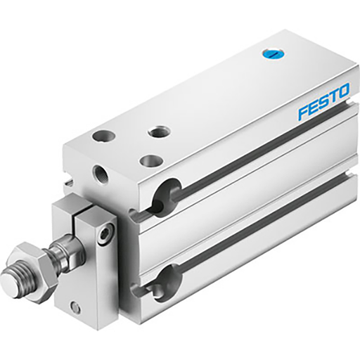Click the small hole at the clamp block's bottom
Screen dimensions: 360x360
point(75,307)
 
